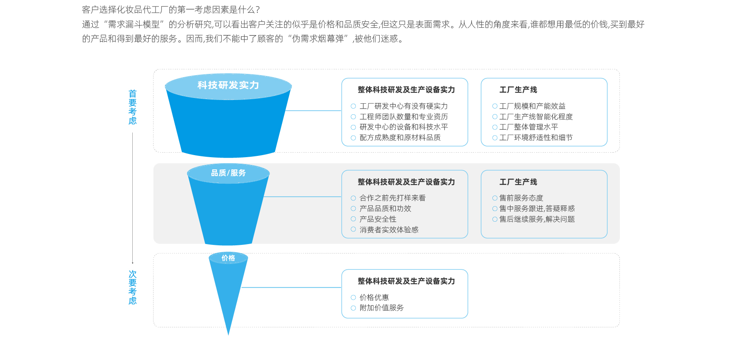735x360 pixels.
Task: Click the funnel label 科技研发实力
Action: [x=228, y=85]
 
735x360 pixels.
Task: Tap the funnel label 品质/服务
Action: [x=228, y=173]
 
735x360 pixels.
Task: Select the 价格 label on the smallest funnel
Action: [x=228, y=258]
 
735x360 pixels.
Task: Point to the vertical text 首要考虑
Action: [x=133, y=107]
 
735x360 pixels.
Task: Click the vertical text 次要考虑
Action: [x=133, y=287]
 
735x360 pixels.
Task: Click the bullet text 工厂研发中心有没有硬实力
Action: [x=403, y=106]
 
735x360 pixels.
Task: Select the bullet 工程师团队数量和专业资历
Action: [x=403, y=117]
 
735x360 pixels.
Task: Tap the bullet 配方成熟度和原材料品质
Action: [x=400, y=138]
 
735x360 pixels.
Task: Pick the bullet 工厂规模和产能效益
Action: [x=532, y=106]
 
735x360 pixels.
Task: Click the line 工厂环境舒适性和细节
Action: [x=536, y=138]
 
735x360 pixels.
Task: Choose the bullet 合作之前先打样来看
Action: [x=392, y=198]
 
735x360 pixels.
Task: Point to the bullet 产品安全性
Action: [x=378, y=219]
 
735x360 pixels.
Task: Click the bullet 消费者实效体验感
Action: [x=389, y=230]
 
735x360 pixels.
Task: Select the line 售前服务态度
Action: [x=521, y=198]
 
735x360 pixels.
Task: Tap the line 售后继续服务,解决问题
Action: [x=537, y=219]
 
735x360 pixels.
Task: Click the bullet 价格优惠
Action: [x=374, y=298]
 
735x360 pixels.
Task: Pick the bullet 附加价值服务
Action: [x=381, y=308]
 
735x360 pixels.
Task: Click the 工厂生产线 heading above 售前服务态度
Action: [x=518, y=182]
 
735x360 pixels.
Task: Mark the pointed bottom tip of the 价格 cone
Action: [x=228, y=334]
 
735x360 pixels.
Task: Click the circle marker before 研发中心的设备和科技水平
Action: [x=353, y=127]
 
